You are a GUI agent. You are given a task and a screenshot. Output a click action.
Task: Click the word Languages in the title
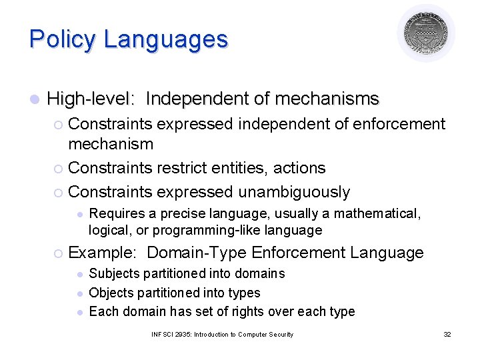(165, 39)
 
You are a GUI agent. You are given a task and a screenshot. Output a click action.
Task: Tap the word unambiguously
(294, 192)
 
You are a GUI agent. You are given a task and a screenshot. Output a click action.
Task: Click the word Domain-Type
(197, 253)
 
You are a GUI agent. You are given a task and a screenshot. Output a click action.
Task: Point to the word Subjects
(113, 273)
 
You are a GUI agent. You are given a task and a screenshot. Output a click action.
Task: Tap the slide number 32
(447, 334)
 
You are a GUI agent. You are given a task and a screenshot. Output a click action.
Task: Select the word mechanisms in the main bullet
(327, 99)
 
